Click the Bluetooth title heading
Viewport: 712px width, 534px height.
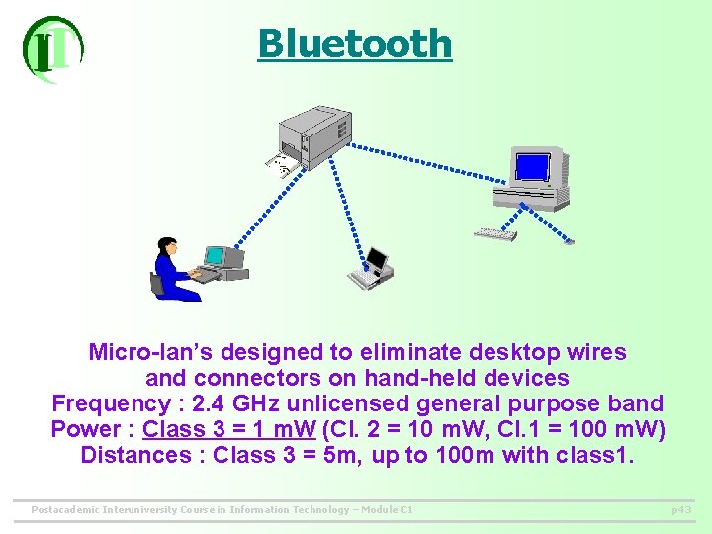click(x=354, y=44)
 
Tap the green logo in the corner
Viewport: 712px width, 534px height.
click(x=52, y=48)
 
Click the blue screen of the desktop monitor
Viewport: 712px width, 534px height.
click(x=532, y=167)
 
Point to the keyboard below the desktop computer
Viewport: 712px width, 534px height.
click(x=495, y=234)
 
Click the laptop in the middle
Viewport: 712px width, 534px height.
click(x=371, y=268)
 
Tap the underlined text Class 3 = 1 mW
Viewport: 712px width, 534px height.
click(x=227, y=429)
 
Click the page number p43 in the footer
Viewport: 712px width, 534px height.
click(x=681, y=509)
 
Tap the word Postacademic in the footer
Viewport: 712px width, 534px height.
click(x=65, y=509)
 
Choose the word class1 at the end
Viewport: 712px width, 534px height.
click(x=597, y=455)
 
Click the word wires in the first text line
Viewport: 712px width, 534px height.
click(x=596, y=352)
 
